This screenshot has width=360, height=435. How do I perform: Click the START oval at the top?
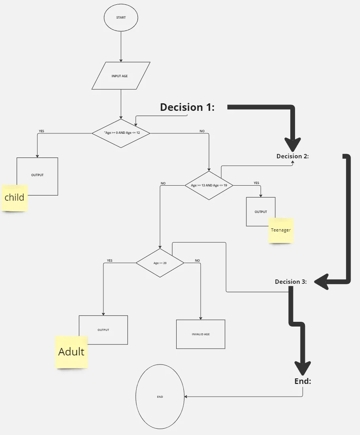(x=121, y=17)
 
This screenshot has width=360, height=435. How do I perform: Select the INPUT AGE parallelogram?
(x=121, y=76)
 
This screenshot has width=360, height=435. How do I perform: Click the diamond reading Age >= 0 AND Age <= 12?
(x=121, y=133)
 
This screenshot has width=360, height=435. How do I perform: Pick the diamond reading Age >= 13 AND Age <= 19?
(x=209, y=185)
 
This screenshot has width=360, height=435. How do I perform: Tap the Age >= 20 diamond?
(x=160, y=263)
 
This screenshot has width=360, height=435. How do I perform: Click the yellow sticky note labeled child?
(x=14, y=198)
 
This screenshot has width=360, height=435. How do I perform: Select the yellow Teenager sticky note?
(x=281, y=230)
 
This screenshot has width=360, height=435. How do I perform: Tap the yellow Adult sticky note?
(x=71, y=352)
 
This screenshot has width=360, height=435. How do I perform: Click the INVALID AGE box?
(x=200, y=334)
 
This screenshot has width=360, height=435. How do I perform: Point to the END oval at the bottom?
(x=160, y=397)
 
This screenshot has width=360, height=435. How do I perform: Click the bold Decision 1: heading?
(x=187, y=107)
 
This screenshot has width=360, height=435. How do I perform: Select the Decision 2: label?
(x=293, y=156)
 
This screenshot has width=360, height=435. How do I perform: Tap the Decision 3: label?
(x=291, y=281)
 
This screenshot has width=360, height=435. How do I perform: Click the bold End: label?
(x=303, y=381)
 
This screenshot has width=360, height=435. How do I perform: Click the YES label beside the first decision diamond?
(x=41, y=131)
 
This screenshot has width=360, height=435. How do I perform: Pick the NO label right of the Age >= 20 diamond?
(x=197, y=260)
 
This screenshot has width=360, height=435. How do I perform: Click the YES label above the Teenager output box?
(x=256, y=183)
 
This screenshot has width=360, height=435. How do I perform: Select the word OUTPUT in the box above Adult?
(x=103, y=330)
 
